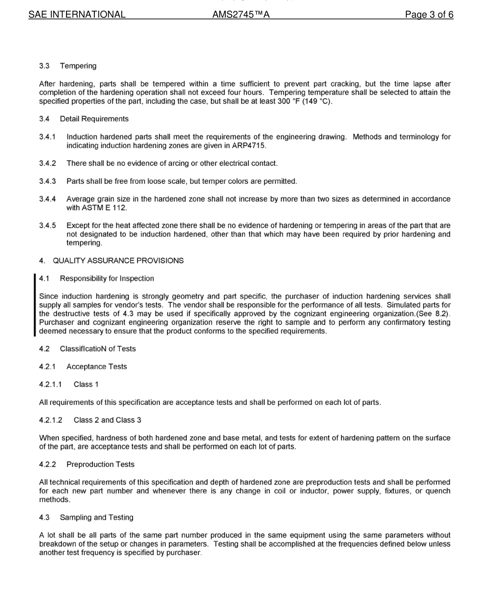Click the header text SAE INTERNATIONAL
pos(77,15)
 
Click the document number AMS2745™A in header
pos(241,15)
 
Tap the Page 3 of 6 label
pos(429,15)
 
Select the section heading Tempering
pos(78,66)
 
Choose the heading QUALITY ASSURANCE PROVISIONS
pos(118,261)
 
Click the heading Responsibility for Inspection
pos(107,279)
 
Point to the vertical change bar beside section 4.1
pos(35,305)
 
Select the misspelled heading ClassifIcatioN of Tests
pos(98,349)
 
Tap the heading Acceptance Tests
pos(96,367)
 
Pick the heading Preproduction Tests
pos(100,464)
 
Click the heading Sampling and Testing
pos(96,518)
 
